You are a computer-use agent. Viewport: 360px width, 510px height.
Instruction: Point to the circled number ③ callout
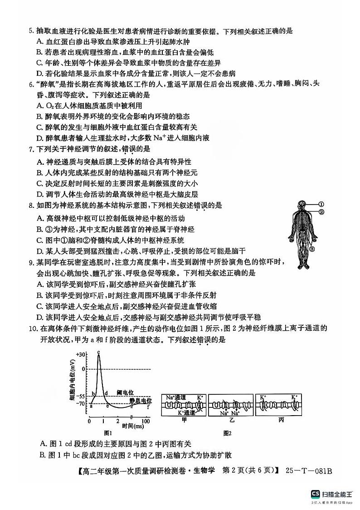(311, 249)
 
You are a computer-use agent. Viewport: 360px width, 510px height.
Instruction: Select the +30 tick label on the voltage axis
(81, 354)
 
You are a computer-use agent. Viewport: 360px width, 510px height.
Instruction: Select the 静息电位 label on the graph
(139, 400)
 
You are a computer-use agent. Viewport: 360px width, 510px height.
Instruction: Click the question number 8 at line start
(30, 206)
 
